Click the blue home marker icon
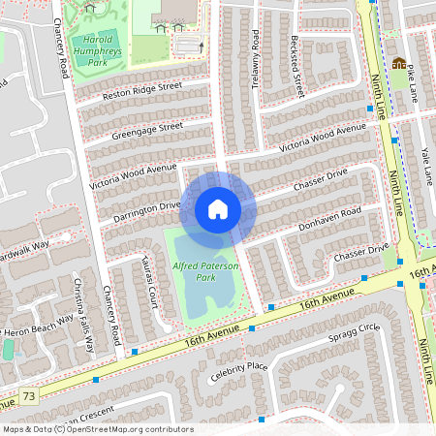[218, 209]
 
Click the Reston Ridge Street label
[142, 91]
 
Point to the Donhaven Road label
[330, 217]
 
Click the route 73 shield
[29, 396]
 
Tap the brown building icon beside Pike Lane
[397, 64]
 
